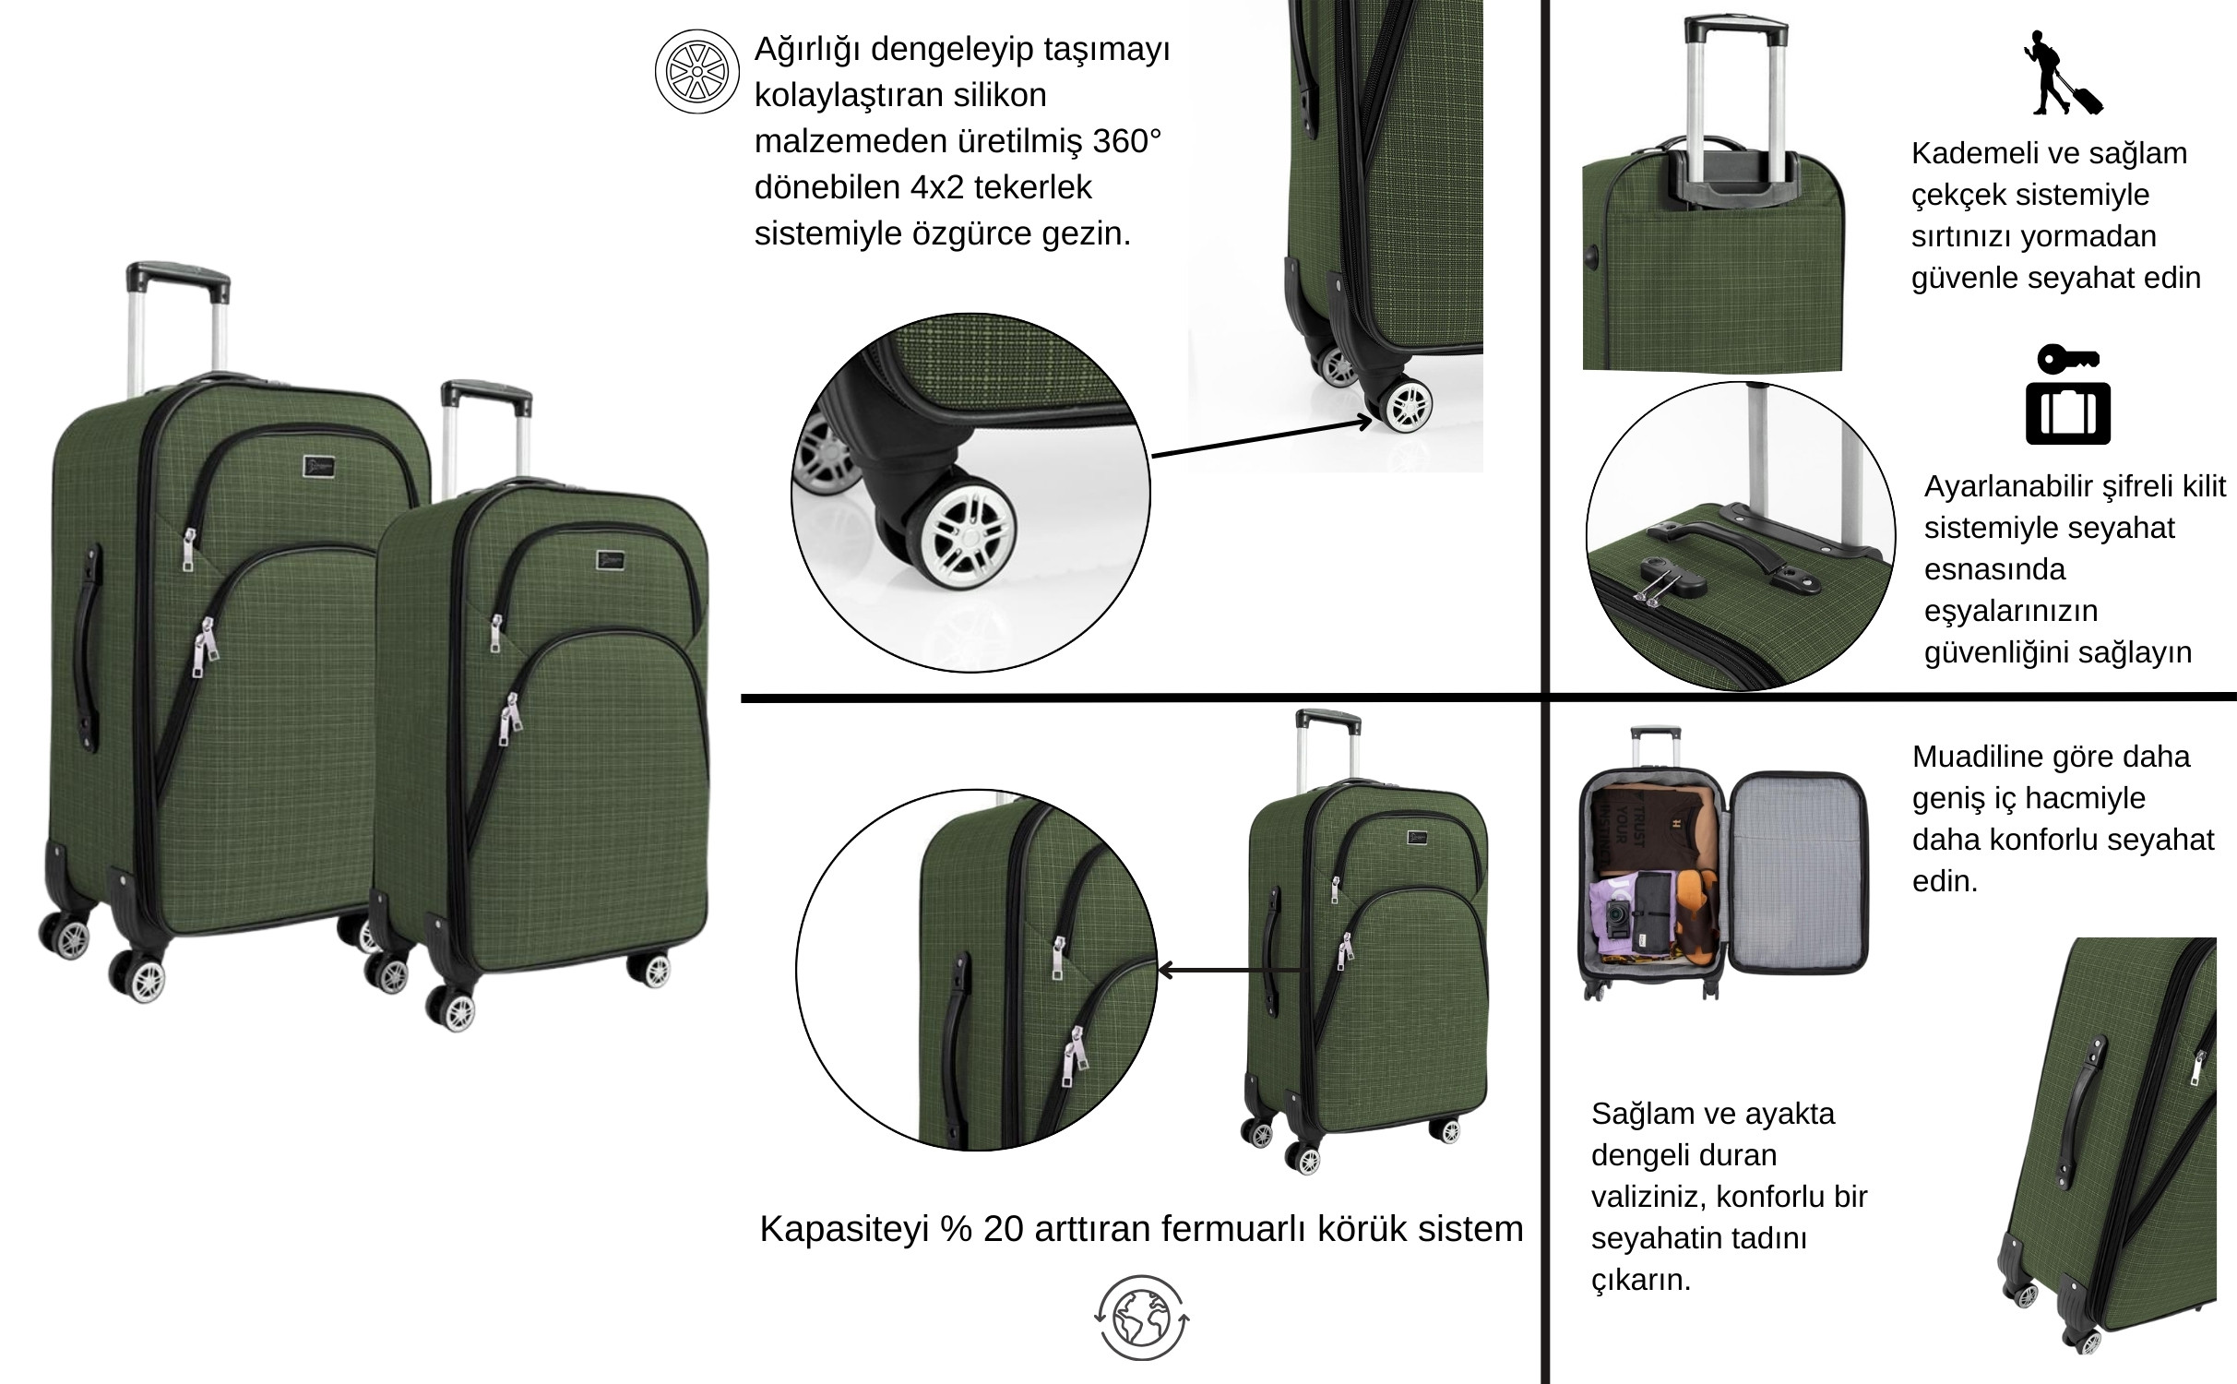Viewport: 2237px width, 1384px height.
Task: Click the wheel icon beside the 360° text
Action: coord(697,72)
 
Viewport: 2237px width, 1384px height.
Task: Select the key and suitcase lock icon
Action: coord(2068,395)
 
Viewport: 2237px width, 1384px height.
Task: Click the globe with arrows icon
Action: coord(1142,1317)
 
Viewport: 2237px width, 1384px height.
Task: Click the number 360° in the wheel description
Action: coord(1126,141)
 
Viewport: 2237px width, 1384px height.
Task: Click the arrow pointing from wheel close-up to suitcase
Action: coord(1263,438)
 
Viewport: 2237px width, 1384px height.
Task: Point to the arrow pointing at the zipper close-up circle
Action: coord(1230,970)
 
